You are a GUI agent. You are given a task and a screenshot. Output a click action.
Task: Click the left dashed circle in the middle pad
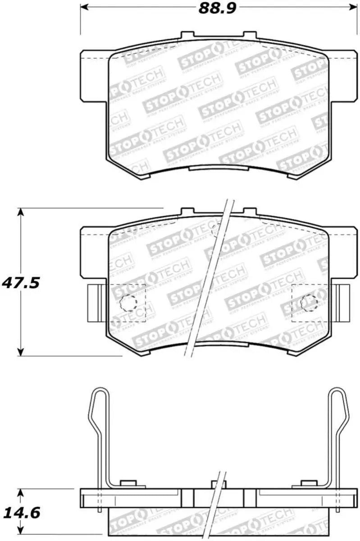[x=128, y=303]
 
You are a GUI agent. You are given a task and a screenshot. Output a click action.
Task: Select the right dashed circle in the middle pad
[x=309, y=303]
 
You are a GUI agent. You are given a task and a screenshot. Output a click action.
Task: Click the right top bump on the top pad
[x=250, y=35]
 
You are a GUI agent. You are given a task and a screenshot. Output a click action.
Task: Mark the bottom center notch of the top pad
[x=219, y=168]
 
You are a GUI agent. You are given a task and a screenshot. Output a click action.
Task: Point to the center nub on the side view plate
[x=218, y=485]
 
